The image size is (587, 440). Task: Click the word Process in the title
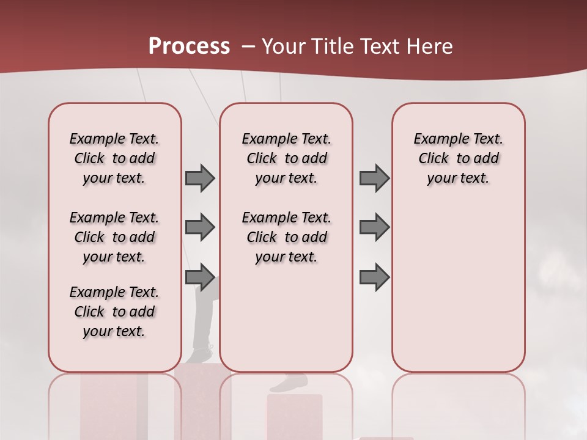click(189, 46)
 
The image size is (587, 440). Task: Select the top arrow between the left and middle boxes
click(200, 178)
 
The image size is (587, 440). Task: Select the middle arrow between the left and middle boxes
click(200, 227)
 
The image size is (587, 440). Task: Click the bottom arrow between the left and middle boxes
click(200, 277)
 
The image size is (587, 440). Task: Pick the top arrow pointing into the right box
click(374, 178)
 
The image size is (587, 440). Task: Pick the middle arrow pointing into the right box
click(374, 227)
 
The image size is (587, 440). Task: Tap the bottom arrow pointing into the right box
click(374, 277)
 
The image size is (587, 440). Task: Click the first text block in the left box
click(114, 158)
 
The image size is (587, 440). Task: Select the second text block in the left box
click(114, 237)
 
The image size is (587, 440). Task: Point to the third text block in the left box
click(114, 312)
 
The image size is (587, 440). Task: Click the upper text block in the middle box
click(286, 158)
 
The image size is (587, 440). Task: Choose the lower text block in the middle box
click(286, 237)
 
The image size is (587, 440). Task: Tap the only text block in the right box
click(458, 158)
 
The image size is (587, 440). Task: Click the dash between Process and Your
click(248, 46)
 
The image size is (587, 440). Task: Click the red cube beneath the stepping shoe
click(294, 416)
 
